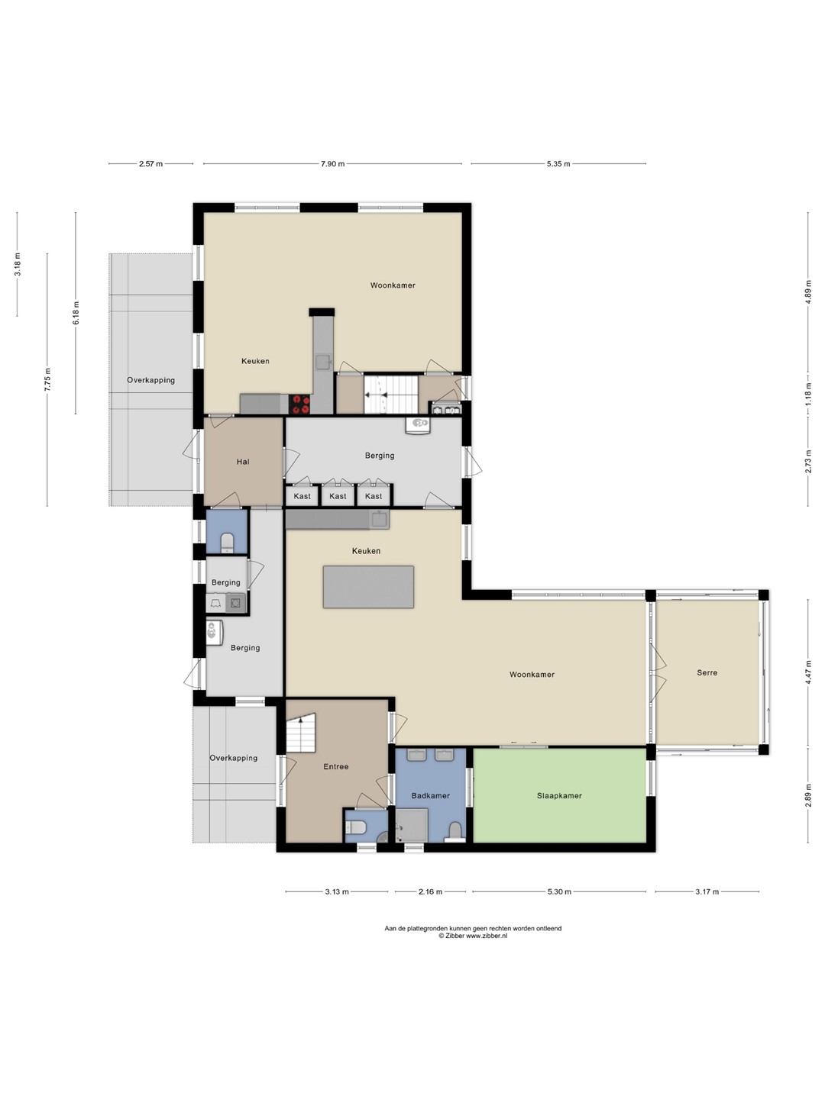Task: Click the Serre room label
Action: tap(707, 673)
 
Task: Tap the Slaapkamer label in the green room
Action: tap(559, 795)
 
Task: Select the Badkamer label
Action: tap(430, 795)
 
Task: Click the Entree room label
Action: tap(335, 766)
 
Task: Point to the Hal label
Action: tap(243, 462)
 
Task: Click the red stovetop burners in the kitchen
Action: tap(300, 404)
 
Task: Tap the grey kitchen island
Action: tap(368, 587)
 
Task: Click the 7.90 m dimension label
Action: tap(332, 164)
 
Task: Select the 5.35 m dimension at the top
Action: tap(558, 164)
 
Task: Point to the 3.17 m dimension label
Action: tap(707, 891)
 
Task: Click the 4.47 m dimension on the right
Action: tap(807, 673)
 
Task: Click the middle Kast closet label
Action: tap(338, 496)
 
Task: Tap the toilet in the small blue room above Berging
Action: tap(228, 542)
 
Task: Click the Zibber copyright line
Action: tap(473, 936)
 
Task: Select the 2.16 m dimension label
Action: tap(430, 891)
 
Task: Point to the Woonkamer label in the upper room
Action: tap(393, 285)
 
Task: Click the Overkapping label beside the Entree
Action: tap(234, 758)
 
